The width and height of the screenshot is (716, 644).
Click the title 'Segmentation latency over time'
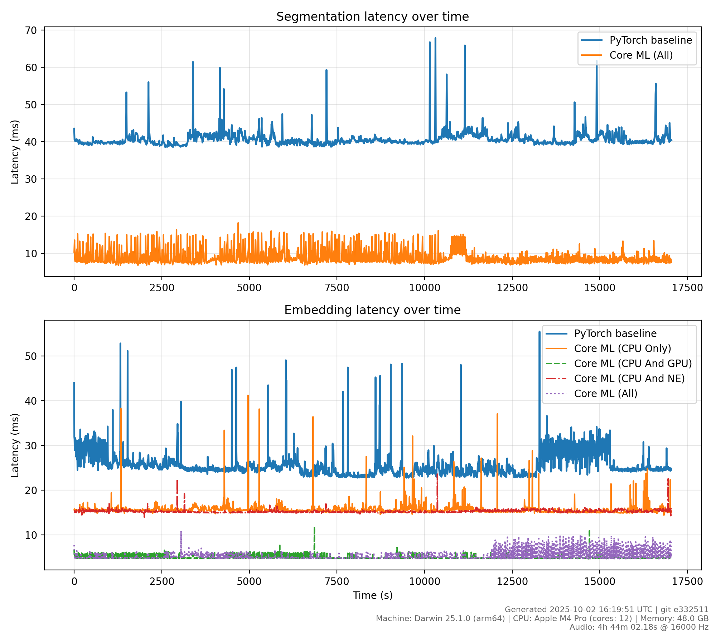tap(372, 17)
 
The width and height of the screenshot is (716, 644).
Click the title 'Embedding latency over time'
tap(372, 310)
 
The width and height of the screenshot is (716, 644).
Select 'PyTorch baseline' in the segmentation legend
tap(650, 40)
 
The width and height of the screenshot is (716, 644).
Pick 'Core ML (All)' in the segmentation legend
tap(641, 55)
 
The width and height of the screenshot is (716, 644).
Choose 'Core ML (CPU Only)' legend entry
tap(622, 348)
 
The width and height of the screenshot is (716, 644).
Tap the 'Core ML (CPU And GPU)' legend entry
tap(633, 364)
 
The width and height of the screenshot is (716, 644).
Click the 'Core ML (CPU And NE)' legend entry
tap(629, 379)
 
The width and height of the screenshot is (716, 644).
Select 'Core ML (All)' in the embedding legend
tap(605, 394)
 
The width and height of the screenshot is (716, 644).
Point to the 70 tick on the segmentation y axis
tap(32, 30)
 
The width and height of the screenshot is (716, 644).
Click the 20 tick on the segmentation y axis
tap(32, 216)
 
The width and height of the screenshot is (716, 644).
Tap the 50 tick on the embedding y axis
tap(32, 356)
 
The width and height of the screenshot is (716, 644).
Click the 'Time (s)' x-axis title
tap(372, 595)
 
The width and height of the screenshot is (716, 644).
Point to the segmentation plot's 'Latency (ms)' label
tap(15, 152)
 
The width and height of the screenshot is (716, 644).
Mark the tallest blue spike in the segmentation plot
tap(435, 39)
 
